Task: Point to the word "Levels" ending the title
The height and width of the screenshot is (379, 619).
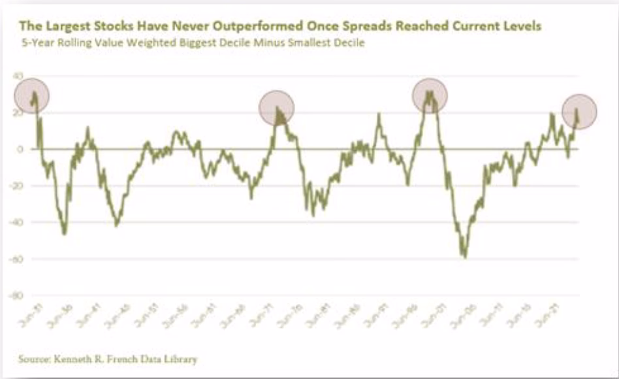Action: [522, 27]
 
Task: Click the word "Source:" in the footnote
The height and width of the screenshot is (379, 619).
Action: [36, 359]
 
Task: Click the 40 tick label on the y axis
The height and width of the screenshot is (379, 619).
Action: [19, 76]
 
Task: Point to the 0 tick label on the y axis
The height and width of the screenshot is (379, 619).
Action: [21, 150]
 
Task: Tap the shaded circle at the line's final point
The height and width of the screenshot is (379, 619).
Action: [579, 111]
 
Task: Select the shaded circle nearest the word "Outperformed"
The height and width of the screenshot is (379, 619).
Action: [277, 108]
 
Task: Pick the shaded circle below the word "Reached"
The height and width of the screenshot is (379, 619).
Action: [430, 95]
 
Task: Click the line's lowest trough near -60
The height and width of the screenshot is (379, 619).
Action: [465, 256]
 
